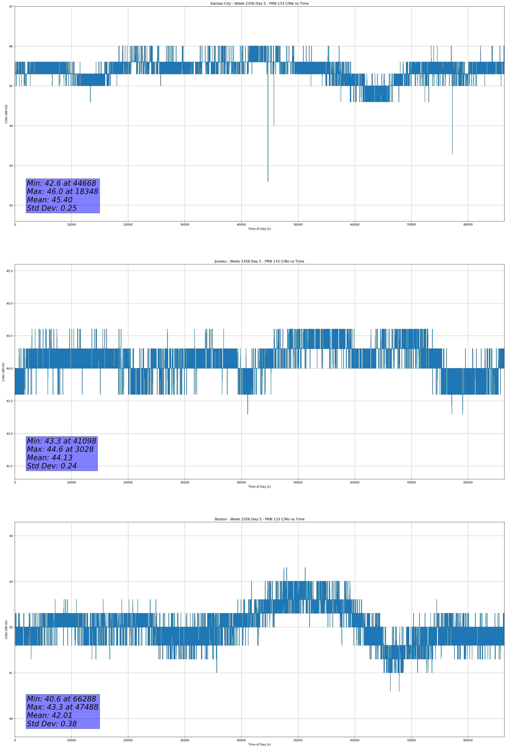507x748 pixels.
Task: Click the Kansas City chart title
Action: pos(259,4)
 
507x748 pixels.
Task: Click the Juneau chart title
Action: pos(259,261)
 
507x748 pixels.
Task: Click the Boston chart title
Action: pos(259,519)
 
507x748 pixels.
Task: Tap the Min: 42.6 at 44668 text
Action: pos(61,183)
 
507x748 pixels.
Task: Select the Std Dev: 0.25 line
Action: pos(52,208)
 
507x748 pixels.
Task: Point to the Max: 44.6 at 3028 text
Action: pos(60,449)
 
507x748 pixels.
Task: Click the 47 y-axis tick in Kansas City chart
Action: pos(11,7)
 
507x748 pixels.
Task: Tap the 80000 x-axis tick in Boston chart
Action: pos(468,740)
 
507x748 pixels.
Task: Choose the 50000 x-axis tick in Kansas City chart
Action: pos(298,225)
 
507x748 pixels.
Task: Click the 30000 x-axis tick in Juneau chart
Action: pos(184,482)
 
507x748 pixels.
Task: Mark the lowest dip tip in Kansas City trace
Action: pos(268,181)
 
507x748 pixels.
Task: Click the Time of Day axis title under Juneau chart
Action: pos(259,487)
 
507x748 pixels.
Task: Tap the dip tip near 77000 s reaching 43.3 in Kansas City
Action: pos(452,153)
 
